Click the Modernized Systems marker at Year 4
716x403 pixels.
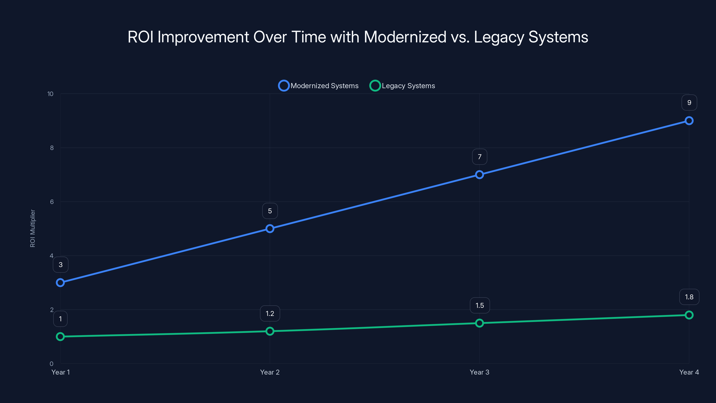689,121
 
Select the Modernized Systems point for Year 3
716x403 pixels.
479,175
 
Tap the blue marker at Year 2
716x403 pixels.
270,229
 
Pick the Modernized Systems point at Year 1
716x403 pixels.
60,283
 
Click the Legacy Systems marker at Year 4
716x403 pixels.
689,315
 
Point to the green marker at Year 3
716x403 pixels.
479,323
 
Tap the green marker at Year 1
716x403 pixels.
60,337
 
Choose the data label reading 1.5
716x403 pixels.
479,305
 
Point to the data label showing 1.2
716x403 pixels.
270,313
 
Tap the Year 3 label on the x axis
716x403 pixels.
479,372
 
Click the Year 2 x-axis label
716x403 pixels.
270,372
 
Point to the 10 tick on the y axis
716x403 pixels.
50,94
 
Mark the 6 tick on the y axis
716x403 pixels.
52,202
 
